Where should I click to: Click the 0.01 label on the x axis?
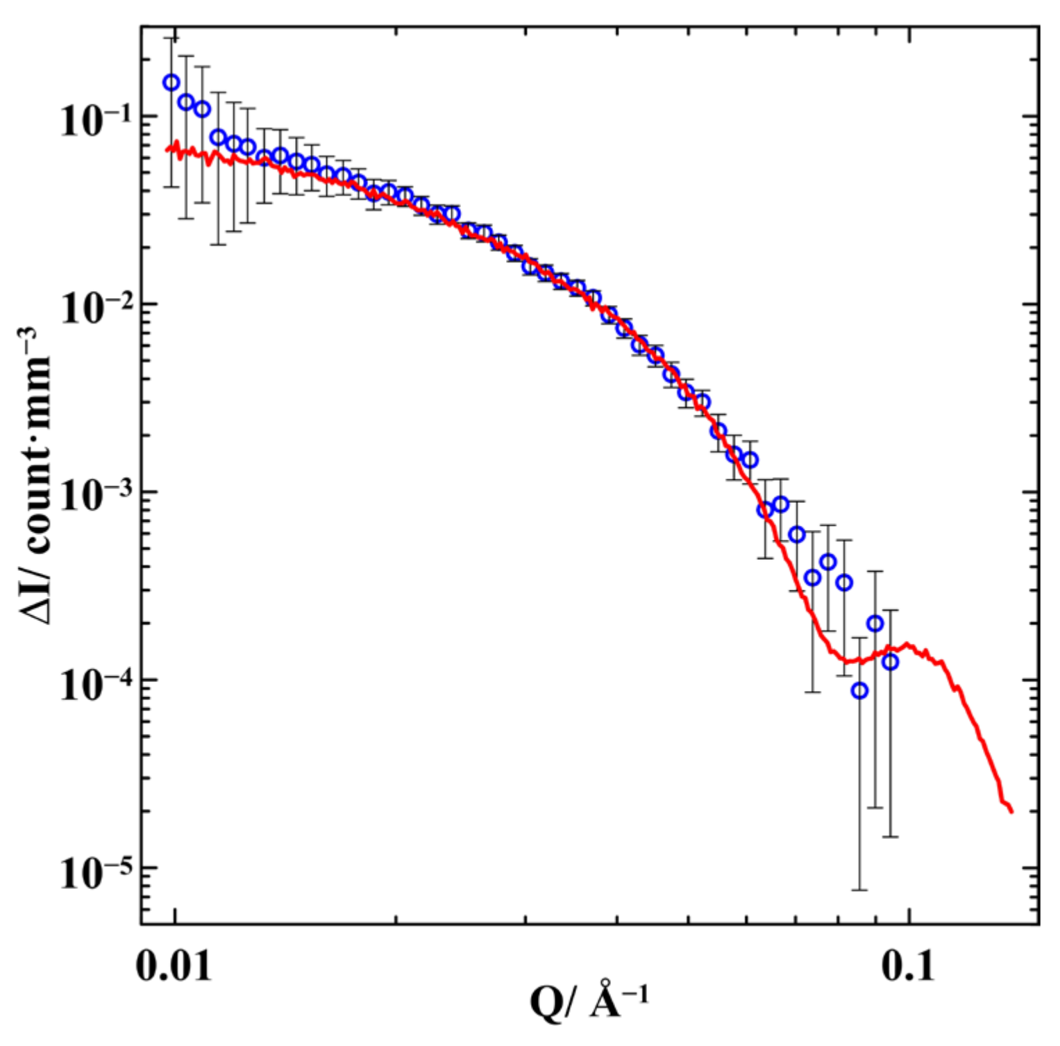(x=174, y=965)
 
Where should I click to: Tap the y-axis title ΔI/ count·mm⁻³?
(x=38, y=476)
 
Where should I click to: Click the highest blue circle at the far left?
(x=171, y=83)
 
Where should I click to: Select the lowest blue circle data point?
(x=860, y=690)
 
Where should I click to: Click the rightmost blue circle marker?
(x=891, y=662)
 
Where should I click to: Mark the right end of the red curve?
(x=1011, y=811)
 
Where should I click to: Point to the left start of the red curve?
(x=167, y=149)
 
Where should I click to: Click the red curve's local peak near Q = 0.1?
(x=907, y=645)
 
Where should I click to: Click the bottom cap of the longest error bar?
(x=860, y=890)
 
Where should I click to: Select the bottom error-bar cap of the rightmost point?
(x=891, y=836)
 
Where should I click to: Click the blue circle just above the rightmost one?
(x=875, y=624)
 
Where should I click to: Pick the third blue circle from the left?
(x=202, y=109)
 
